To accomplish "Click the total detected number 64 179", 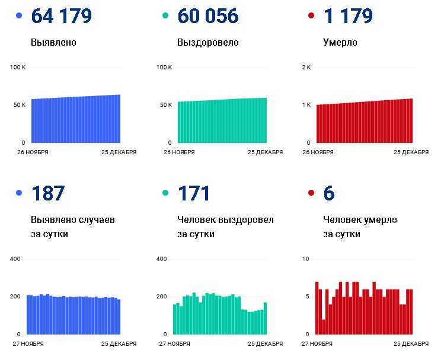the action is click(62, 16).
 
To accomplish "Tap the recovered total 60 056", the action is click(208, 16).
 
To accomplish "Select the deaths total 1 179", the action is click(348, 16).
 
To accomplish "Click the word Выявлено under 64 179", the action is click(53, 43).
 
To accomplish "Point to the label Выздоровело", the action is click(208, 43).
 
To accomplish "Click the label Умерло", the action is click(340, 43).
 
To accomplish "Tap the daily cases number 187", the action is click(48, 193).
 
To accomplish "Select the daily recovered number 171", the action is click(194, 193).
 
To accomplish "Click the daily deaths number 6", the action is click(329, 193).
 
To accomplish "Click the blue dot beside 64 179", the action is click(19, 15).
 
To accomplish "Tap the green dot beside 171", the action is click(165, 193).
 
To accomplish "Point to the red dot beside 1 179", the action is click(311, 15).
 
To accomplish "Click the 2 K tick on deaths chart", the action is click(306, 68).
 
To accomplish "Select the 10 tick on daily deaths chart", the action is click(305, 259).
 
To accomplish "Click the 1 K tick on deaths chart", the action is click(306, 105).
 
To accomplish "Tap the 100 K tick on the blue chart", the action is click(18, 68).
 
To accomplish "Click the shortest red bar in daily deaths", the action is click(324, 327).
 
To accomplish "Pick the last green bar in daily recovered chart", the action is click(266, 318).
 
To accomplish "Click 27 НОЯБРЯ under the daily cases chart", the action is click(28, 344).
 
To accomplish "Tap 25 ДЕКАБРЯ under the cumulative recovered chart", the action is click(266, 152).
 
